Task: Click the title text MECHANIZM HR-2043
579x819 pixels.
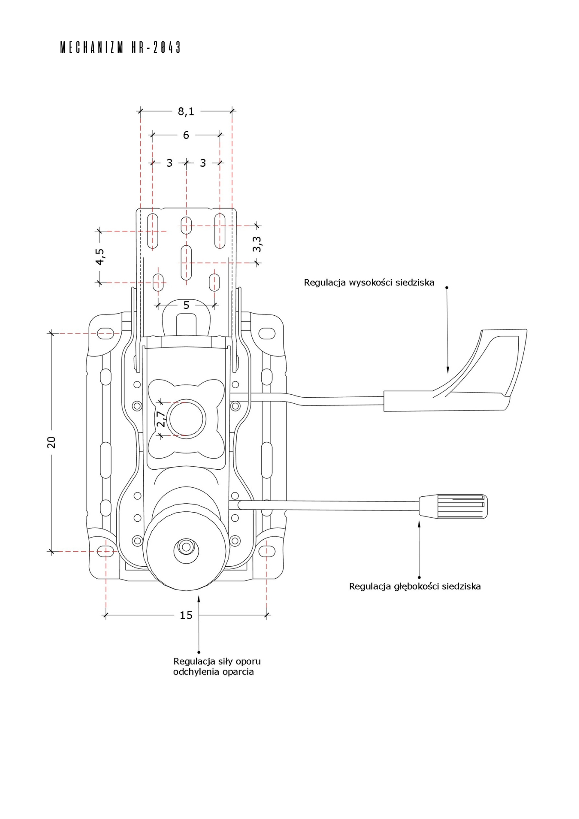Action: coord(120,48)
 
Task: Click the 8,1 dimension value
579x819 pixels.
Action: coord(186,111)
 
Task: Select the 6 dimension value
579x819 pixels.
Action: coord(186,135)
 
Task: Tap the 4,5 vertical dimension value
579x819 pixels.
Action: coord(100,257)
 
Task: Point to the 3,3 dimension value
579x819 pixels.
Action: coord(257,244)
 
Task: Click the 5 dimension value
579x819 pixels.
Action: coord(186,305)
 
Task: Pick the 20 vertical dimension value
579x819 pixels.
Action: coord(52,442)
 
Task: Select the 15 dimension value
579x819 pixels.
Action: coord(186,615)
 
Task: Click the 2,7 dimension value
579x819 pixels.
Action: coord(161,419)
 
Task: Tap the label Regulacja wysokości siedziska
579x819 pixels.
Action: coord(369,283)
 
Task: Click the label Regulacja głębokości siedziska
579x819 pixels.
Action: coord(415,586)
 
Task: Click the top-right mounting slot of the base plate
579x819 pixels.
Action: coord(267,333)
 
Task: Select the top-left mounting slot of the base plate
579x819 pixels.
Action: coord(106,333)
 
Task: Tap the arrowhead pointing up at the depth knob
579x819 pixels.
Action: coord(419,524)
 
